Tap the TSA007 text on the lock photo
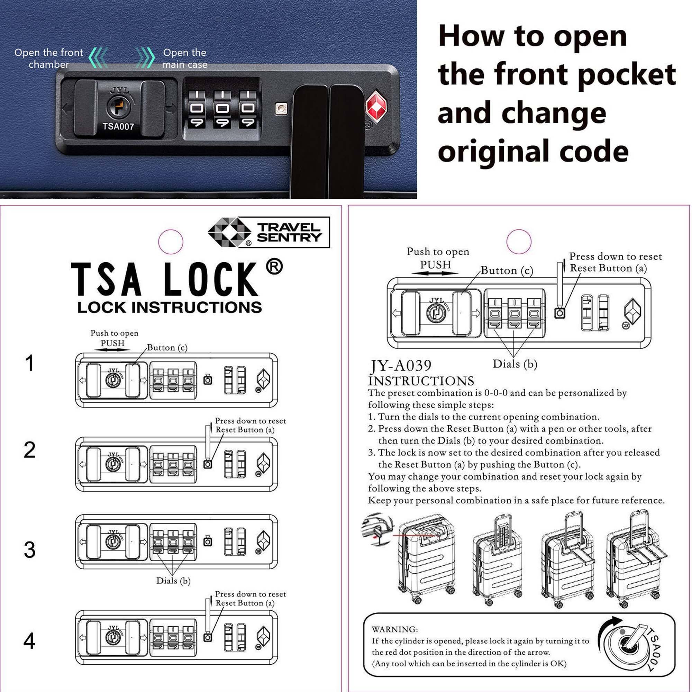click(118, 126)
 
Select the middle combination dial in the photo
click(222, 109)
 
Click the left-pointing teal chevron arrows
click(98, 57)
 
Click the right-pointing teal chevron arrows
click(146, 57)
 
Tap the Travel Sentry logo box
click(268, 232)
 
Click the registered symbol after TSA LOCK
click(274, 267)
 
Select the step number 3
click(30, 550)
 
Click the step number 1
click(30, 363)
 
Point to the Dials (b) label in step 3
click(173, 580)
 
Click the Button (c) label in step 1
click(167, 347)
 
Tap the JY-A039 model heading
click(401, 366)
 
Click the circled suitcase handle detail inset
click(377, 529)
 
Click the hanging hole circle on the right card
click(519, 242)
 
